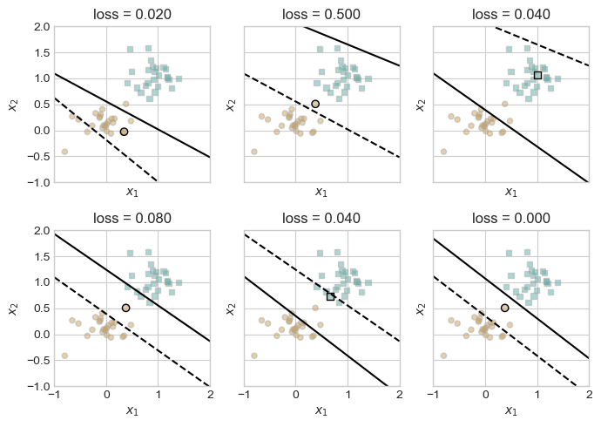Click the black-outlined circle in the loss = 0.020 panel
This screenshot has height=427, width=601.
tap(125, 132)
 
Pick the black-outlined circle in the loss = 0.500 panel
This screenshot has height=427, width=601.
tap(315, 104)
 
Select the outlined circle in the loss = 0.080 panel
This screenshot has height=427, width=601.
tap(126, 308)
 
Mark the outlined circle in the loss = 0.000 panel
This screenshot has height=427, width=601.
tap(505, 308)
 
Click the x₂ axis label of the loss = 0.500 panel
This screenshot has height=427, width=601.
tap(229, 105)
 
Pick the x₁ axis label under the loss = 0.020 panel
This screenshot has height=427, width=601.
tap(132, 192)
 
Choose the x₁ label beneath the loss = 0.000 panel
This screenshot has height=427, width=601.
tap(511, 410)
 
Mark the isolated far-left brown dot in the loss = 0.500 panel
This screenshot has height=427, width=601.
tap(254, 152)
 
